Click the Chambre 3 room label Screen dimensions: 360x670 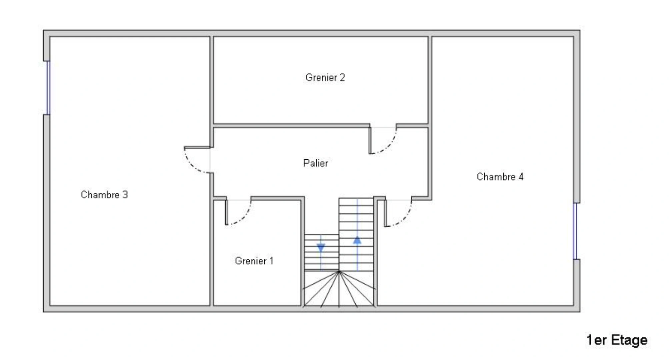pos(104,195)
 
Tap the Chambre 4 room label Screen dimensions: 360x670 pos(500,177)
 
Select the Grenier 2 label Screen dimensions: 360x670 pos(325,78)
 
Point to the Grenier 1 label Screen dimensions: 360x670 pos(254,261)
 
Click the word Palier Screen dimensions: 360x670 pos(316,163)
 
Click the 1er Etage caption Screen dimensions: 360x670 pos(617,340)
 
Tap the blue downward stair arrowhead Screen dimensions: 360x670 pos(321,248)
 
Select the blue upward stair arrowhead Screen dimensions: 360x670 pos(357,240)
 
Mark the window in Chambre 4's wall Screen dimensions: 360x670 pos(575,231)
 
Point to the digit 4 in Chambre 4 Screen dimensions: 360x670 pos(521,177)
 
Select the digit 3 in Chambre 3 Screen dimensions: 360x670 pos(125,195)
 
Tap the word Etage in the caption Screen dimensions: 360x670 pos(629,340)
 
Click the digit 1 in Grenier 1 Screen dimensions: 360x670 pos(271,261)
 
